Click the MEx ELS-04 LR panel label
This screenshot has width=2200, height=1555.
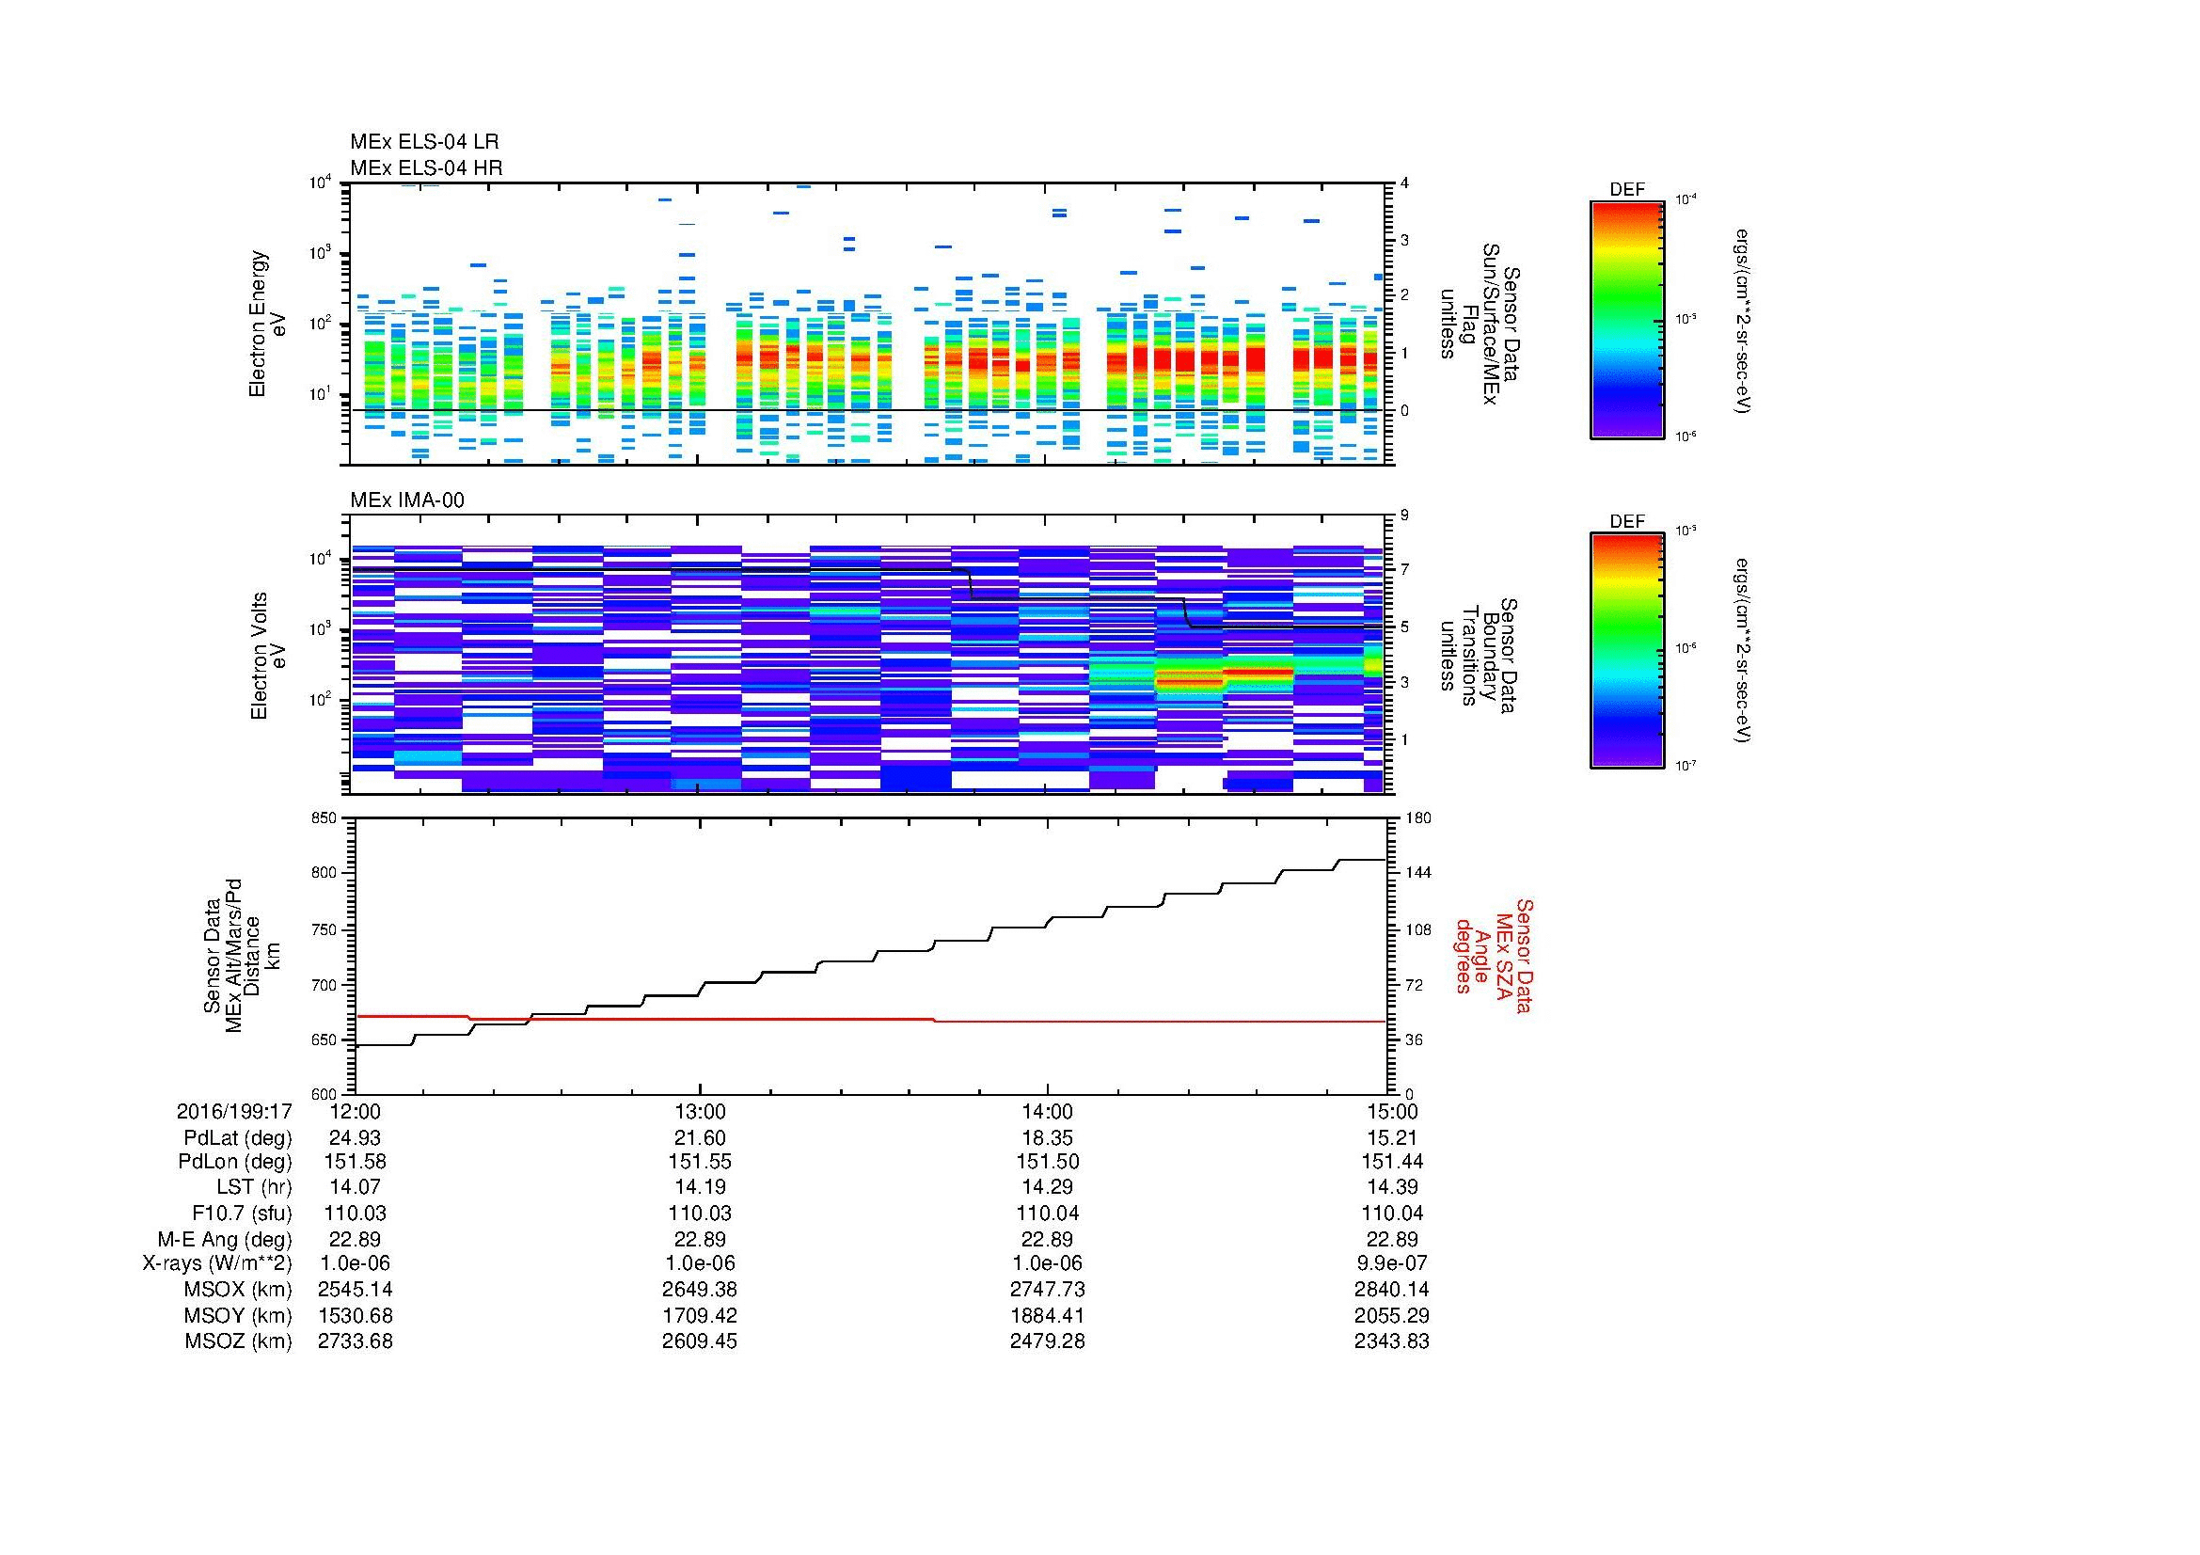click(x=423, y=142)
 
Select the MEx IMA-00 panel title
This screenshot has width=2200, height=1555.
click(x=407, y=500)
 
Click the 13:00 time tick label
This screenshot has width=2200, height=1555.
click(x=700, y=1112)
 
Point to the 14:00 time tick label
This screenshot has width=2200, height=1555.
click(x=1047, y=1112)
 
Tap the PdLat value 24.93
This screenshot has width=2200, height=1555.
click(x=355, y=1138)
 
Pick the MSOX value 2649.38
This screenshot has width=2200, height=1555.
click(x=700, y=1290)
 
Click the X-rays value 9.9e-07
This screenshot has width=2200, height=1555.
click(x=1391, y=1263)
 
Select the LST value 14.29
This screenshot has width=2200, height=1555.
click(x=1047, y=1187)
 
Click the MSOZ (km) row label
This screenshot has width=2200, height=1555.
click(x=238, y=1341)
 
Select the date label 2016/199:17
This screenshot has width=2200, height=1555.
click(x=234, y=1112)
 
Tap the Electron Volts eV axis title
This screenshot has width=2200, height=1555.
click(x=268, y=657)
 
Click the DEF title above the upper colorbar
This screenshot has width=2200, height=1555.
click(x=1626, y=190)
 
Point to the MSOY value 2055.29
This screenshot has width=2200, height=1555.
click(x=1391, y=1315)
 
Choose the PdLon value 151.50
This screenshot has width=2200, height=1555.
click(x=1047, y=1162)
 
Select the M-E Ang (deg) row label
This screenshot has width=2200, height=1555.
click(x=224, y=1239)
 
